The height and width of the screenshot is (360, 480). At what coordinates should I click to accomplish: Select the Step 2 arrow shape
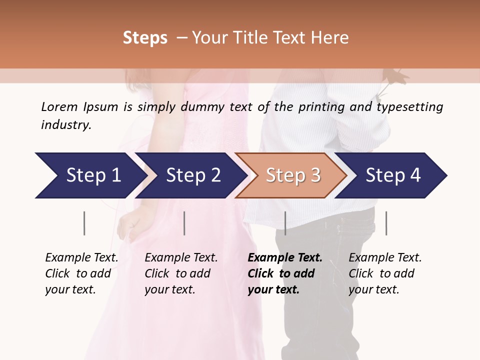pyautogui.click(x=192, y=175)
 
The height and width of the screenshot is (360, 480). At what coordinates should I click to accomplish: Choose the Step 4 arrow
pyautogui.click(x=392, y=175)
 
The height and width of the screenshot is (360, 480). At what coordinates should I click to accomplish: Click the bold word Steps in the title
pyautogui.click(x=145, y=38)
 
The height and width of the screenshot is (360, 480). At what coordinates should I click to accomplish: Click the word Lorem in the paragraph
pyautogui.click(x=59, y=107)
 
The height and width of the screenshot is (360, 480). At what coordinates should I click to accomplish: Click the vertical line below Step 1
pyautogui.click(x=84, y=223)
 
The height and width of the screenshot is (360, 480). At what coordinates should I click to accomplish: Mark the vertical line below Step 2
pyautogui.click(x=184, y=223)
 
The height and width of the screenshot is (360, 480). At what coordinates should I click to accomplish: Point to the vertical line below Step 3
pyautogui.click(x=285, y=223)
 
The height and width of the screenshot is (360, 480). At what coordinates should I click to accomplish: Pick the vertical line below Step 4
pyautogui.click(x=386, y=223)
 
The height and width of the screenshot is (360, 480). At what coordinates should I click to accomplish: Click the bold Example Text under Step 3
pyautogui.click(x=285, y=258)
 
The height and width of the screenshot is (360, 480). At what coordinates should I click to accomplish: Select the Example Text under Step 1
pyautogui.click(x=81, y=258)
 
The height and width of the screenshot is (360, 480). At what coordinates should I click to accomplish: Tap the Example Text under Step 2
pyautogui.click(x=181, y=258)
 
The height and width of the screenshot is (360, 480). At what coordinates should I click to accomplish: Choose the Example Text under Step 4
pyautogui.click(x=385, y=258)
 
